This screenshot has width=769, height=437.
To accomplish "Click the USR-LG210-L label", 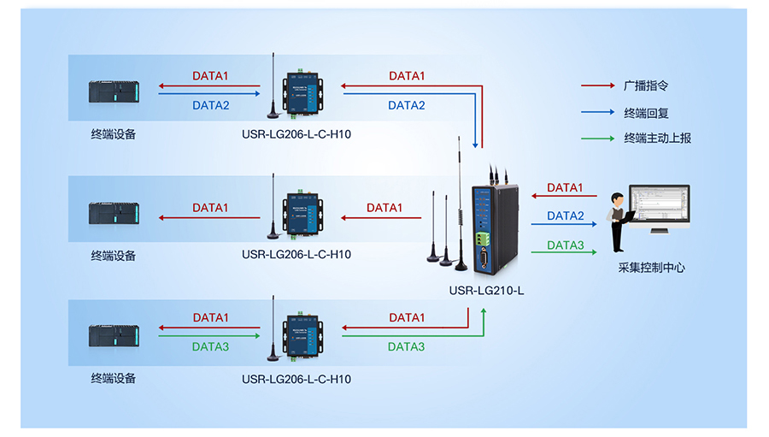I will click(x=486, y=290).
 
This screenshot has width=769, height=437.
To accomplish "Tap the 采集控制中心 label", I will click(x=651, y=267).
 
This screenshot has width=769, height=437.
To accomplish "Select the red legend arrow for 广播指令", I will click(x=597, y=86).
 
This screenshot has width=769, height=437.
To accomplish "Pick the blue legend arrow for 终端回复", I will click(x=597, y=112).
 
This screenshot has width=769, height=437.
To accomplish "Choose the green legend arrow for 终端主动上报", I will click(x=597, y=138).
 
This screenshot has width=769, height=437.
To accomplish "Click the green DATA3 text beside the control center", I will click(x=565, y=245).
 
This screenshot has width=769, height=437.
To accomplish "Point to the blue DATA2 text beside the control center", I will click(x=565, y=216).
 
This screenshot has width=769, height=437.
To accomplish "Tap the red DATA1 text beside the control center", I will click(x=565, y=187).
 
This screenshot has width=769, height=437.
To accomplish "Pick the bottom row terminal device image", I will click(x=114, y=335).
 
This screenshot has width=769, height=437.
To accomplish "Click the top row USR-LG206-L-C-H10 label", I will click(x=296, y=134).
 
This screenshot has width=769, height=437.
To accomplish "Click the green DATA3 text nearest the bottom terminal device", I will click(x=210, y=346).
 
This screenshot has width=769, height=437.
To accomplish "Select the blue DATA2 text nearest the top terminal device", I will click(x=210, y=105).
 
